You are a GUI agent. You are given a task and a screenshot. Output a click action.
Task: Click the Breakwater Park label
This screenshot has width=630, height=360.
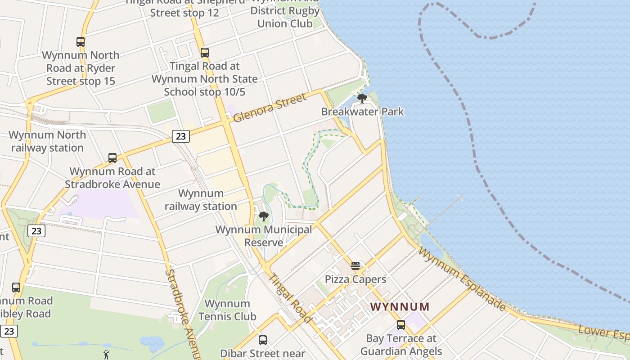point(362,112)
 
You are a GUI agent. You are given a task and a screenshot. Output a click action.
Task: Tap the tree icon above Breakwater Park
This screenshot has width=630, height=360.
point(362,98)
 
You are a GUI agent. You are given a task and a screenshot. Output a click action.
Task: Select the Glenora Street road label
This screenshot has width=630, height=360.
point(270,107)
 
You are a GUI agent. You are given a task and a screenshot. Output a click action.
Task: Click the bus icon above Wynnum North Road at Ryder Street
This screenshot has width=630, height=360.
point(81,42)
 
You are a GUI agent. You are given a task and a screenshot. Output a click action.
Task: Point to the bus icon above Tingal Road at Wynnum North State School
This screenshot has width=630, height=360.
point(205,53)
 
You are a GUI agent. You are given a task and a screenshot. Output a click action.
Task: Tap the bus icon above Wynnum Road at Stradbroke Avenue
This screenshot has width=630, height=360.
point(112,158)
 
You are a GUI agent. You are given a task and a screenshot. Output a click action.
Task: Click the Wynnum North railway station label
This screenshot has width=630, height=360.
point(47,141)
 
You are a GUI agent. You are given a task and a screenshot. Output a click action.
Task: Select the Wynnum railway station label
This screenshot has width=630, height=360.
point(201,200)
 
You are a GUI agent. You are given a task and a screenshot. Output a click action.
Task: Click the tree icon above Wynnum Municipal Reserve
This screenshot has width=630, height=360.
point(264,216)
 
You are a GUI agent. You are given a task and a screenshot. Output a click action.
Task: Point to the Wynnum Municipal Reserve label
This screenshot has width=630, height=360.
point(264,236)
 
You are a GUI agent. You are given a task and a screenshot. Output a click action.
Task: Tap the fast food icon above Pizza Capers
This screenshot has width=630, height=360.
point(355,265)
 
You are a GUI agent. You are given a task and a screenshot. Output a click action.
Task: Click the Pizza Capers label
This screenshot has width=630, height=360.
point(355,279)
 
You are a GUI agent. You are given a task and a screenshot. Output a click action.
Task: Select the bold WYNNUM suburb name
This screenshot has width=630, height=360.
point(400,307)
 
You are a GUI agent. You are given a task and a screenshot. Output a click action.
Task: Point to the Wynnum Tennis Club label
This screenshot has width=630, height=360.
point(227,310)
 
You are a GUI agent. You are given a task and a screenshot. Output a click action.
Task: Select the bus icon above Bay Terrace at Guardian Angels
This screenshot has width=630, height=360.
point(401,325)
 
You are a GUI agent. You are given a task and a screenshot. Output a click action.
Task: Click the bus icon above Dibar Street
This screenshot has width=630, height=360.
point(263,340)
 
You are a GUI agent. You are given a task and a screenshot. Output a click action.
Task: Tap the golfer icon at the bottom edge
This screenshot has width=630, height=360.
point(107,355)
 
